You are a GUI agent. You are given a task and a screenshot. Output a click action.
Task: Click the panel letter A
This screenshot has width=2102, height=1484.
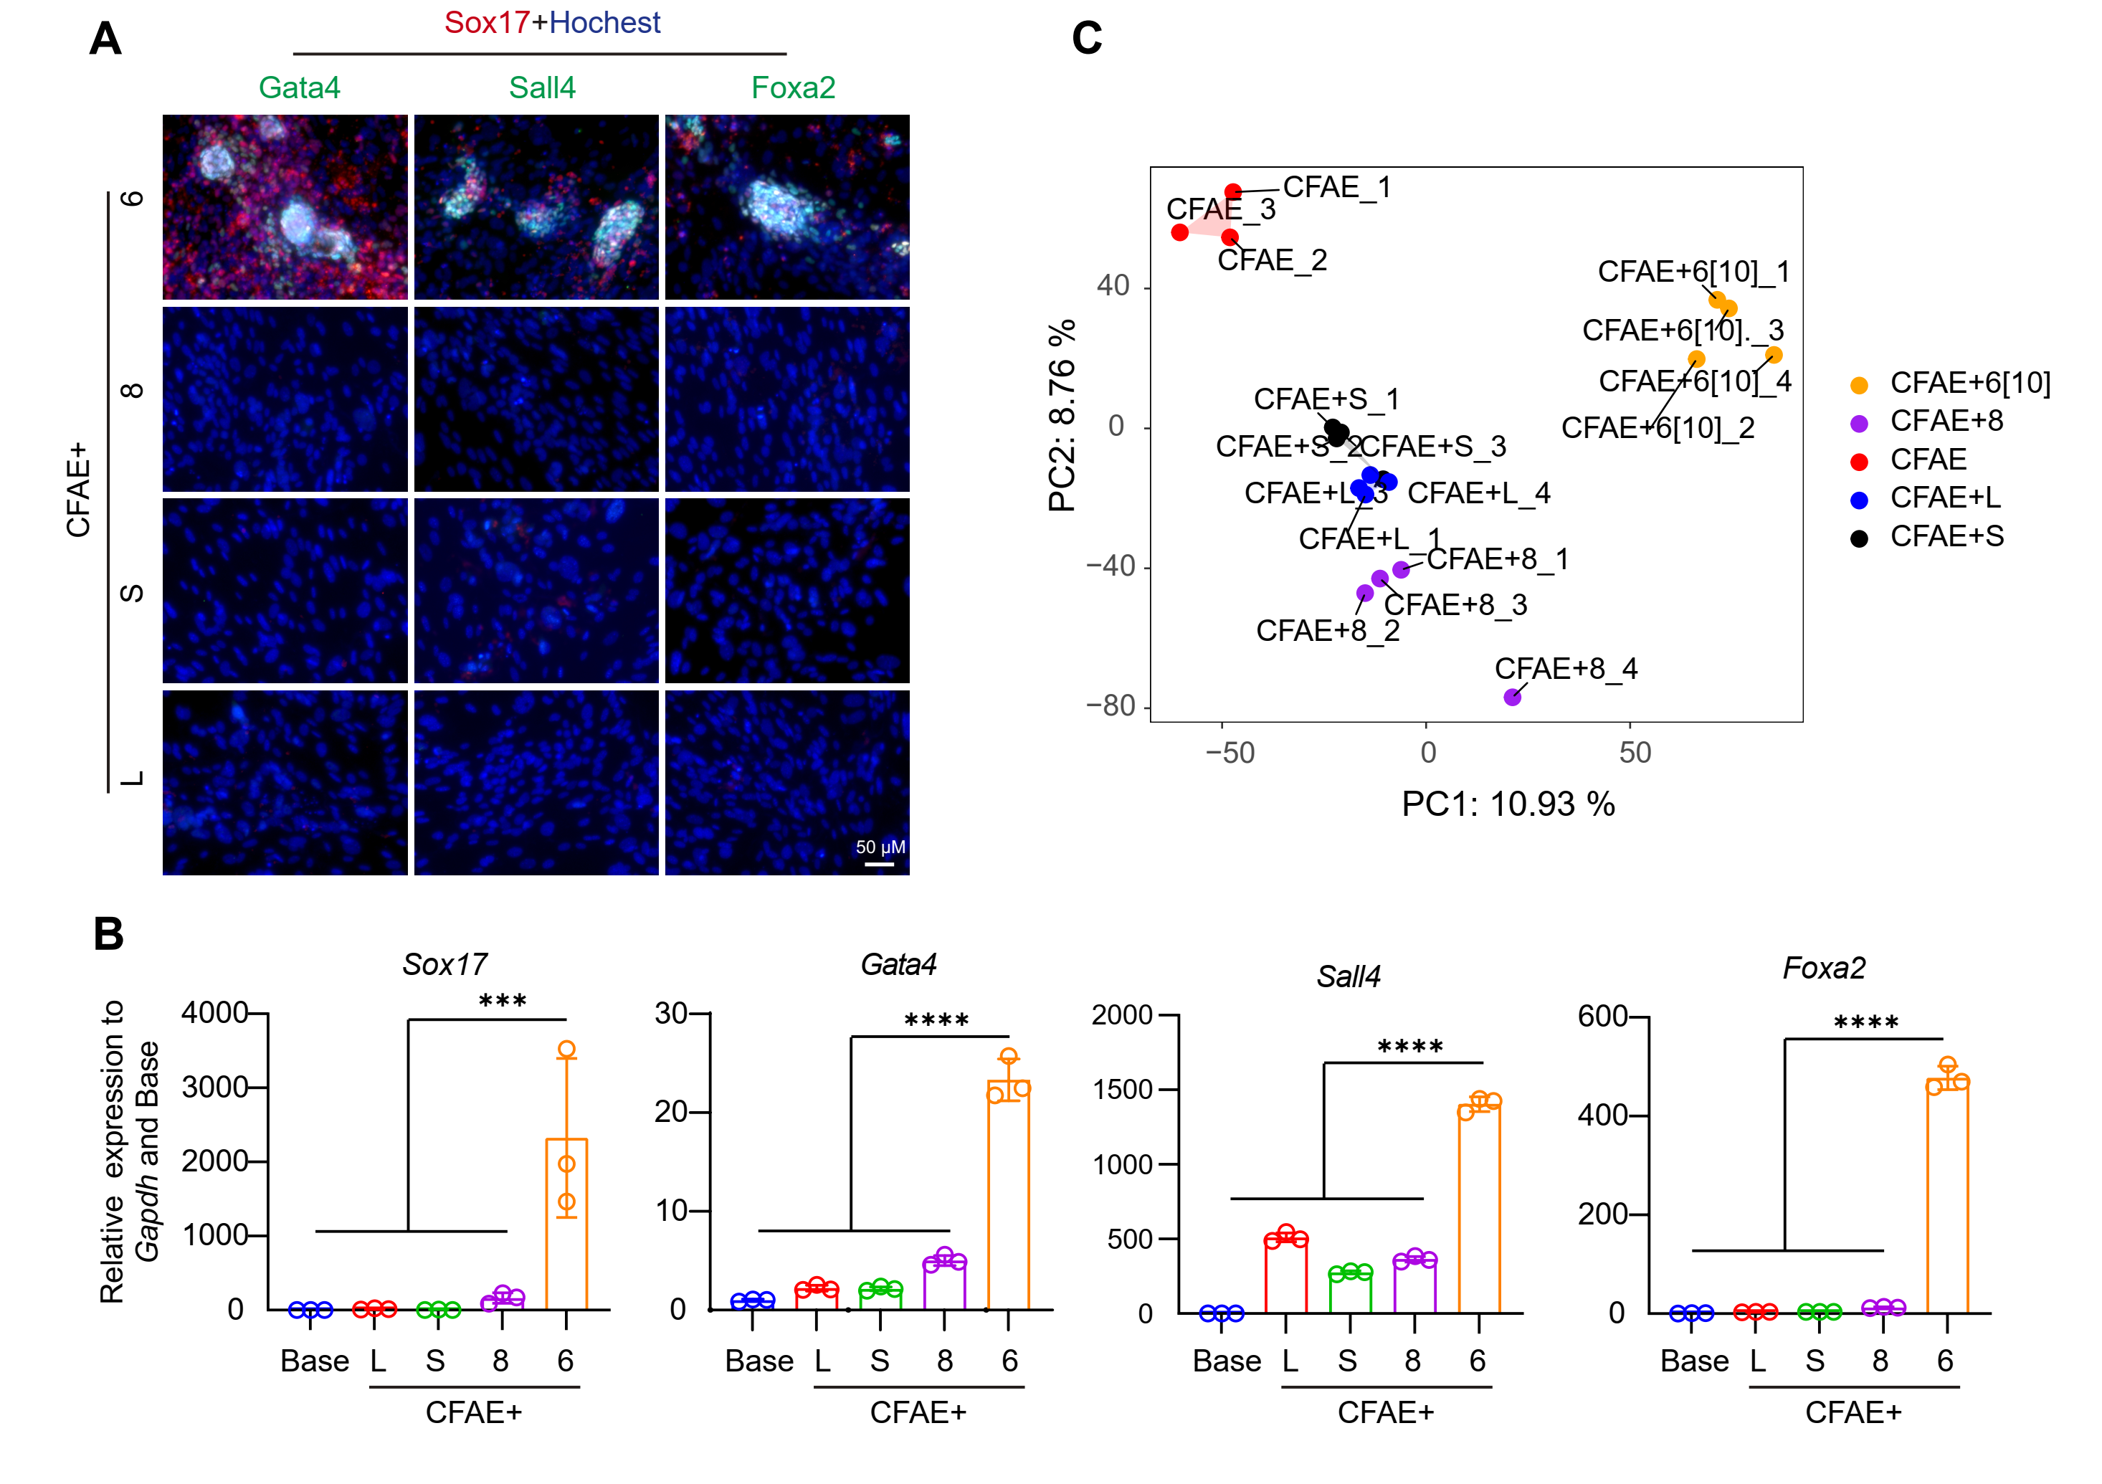click(105, 39)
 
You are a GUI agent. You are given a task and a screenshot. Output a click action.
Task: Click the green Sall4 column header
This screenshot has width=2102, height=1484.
click(542, 88)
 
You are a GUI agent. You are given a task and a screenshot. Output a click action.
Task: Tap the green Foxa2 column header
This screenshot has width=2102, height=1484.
click(793, 88)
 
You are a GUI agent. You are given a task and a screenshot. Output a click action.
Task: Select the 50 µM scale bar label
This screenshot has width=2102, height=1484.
click(880, 847)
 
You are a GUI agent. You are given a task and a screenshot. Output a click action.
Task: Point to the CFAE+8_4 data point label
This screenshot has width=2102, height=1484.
click(1566, 668)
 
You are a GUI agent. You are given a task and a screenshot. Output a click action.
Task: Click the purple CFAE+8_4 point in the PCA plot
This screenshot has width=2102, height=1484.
click(1513, 698)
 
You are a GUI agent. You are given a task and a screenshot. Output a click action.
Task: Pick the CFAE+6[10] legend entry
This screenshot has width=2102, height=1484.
click(1969, 383)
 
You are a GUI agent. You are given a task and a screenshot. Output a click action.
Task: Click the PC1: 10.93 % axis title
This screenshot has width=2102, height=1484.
click(1508, 804)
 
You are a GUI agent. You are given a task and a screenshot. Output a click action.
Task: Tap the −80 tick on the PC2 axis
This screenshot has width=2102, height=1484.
click(1110, 706)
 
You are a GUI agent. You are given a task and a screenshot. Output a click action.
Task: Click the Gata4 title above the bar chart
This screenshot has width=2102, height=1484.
click(898, 964)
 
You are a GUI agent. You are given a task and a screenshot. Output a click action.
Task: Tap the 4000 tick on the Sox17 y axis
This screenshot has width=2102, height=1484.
click(214, 1012)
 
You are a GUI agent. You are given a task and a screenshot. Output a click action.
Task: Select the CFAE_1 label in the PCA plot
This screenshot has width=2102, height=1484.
click(1336, 187)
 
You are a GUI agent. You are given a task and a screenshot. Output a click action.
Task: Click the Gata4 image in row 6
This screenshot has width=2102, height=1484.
click(285, 207)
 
